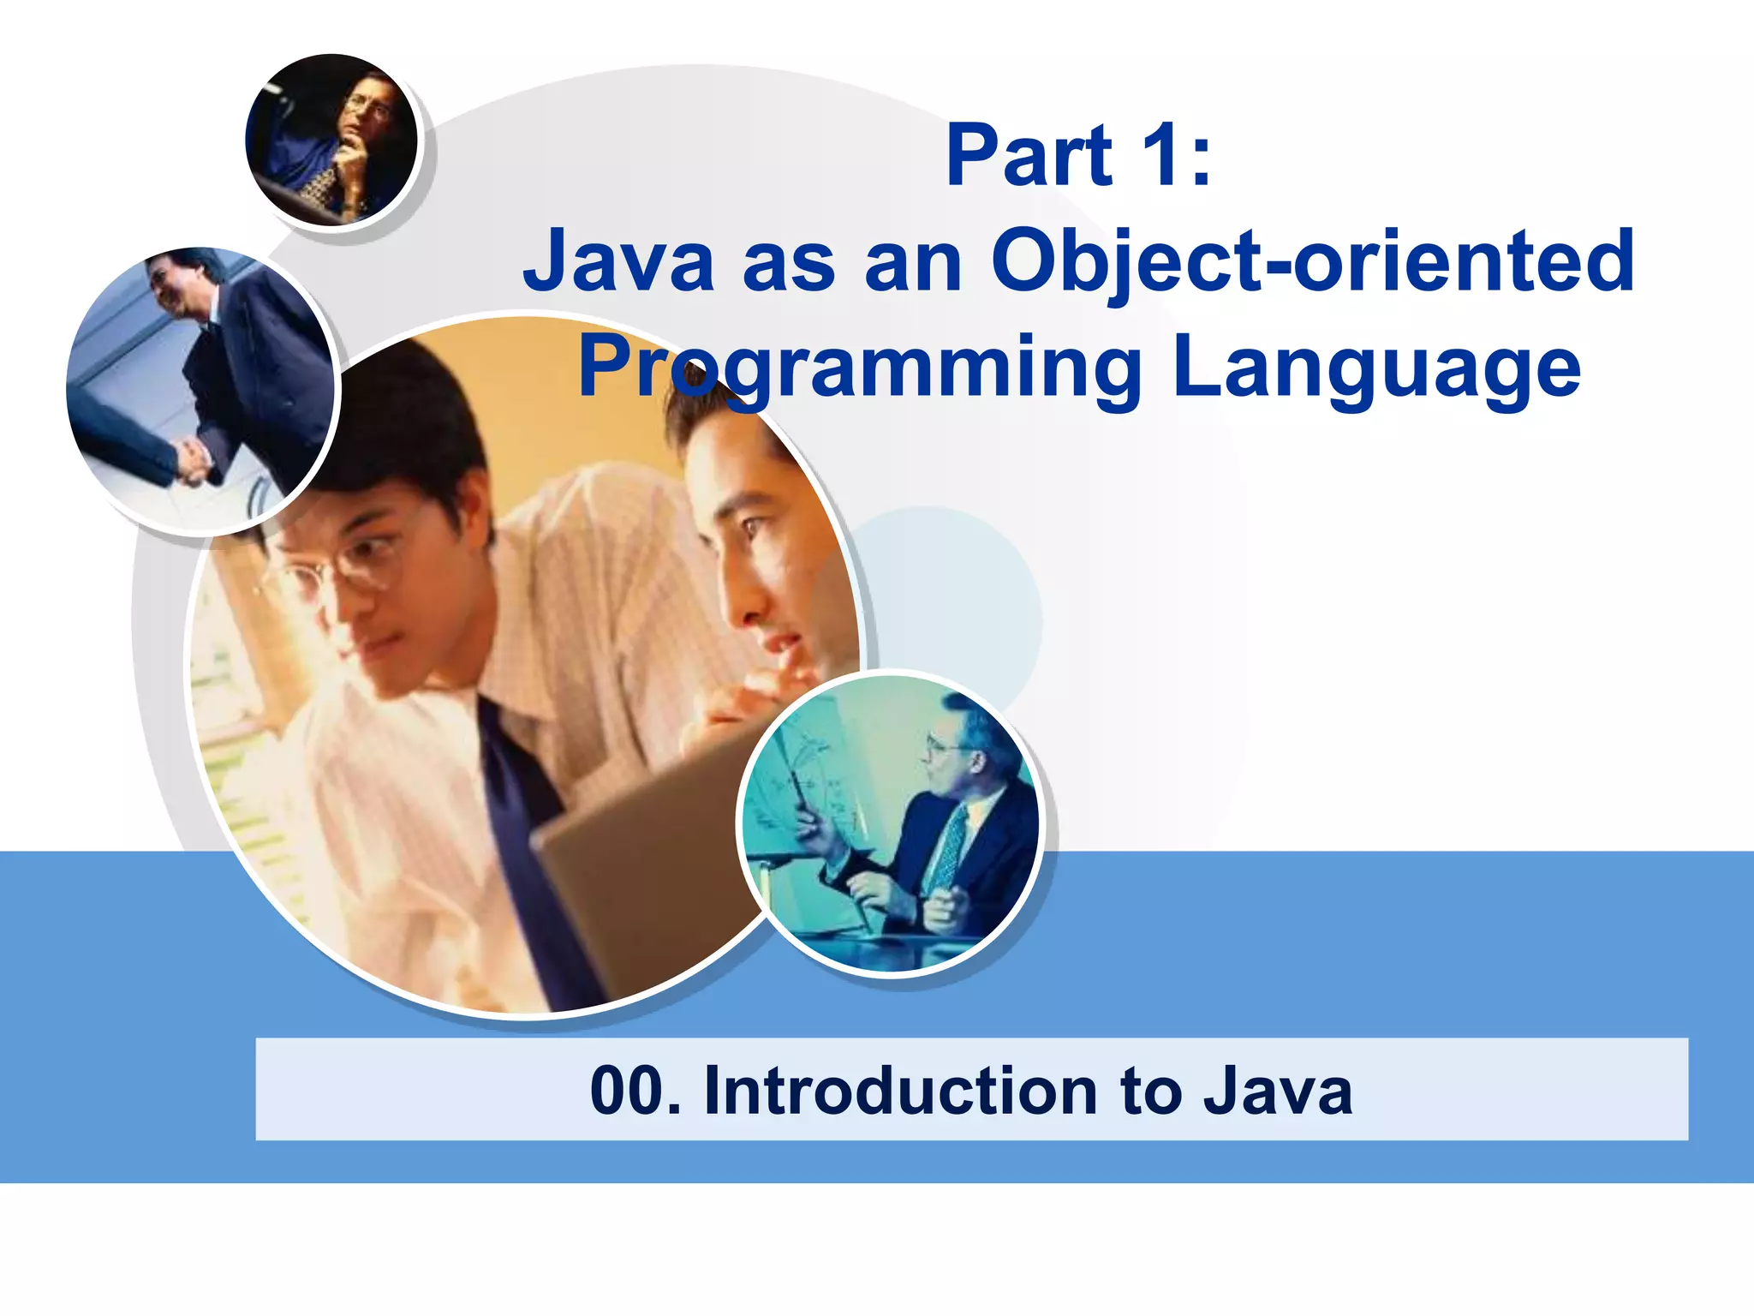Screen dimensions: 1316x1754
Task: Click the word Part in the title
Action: [1028, 156]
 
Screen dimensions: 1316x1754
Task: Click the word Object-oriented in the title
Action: [1312, 261]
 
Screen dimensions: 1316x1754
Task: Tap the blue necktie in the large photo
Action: [522, 822]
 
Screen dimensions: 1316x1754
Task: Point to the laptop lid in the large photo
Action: [651, 857]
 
